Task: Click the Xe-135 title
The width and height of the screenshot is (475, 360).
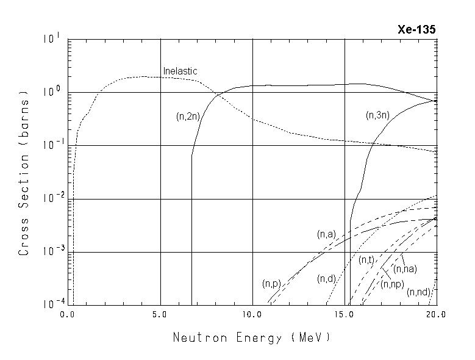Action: [417, 30]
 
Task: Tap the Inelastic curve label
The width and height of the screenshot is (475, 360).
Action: [180, 71]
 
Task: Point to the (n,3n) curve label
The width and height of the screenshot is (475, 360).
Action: [378, 115]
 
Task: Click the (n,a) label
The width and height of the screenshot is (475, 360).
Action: [326, 234]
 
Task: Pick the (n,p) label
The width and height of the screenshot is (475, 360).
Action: [271, 284]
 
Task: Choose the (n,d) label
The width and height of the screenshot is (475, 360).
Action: [327, 279]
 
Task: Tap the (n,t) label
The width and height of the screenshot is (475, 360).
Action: [366, 260]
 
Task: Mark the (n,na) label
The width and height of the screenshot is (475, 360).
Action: [405, 269]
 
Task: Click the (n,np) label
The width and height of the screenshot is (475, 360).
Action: [393, 284]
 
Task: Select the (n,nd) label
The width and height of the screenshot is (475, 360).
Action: [419, 292]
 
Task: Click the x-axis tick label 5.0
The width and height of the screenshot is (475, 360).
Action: [160, 314]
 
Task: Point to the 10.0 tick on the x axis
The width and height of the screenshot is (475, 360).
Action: [252, 314]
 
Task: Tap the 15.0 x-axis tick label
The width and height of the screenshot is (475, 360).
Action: [345, 314]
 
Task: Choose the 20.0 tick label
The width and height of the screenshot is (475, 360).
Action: [435, 314]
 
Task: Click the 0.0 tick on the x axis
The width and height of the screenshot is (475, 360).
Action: [68, 314]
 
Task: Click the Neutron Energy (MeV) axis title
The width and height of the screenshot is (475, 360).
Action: [252, 337]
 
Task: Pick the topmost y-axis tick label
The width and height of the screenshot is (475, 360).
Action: [51, 38]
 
